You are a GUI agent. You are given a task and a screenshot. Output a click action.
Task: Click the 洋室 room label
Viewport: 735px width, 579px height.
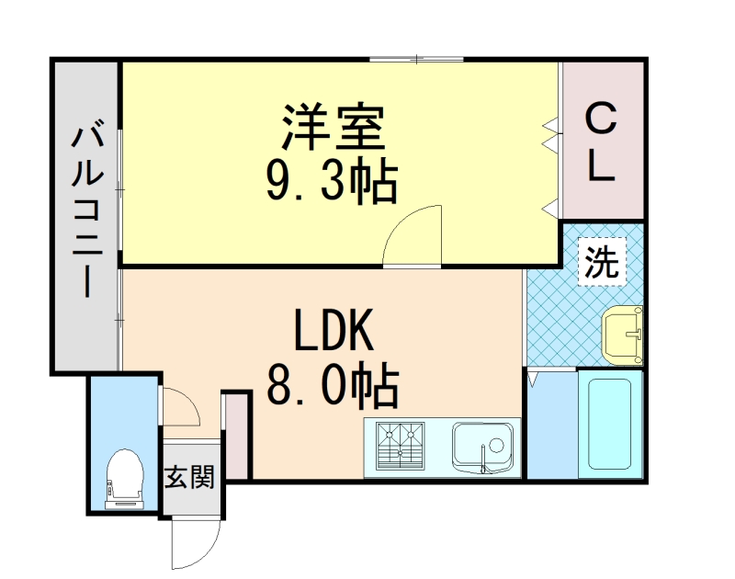pos(332,130)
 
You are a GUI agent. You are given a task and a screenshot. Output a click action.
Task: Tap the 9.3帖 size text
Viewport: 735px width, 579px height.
pos(332,181)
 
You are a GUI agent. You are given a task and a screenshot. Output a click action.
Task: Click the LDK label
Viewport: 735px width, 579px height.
pos(333,333)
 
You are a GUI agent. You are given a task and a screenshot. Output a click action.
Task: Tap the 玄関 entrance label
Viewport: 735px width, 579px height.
pos(190,478)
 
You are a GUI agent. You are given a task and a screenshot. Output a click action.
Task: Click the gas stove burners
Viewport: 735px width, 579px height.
pos(399,447)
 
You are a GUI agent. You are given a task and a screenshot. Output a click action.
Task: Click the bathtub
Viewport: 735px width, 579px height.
pos(609,424)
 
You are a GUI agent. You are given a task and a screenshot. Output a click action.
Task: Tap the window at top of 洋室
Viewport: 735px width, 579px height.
pos(417,59)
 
